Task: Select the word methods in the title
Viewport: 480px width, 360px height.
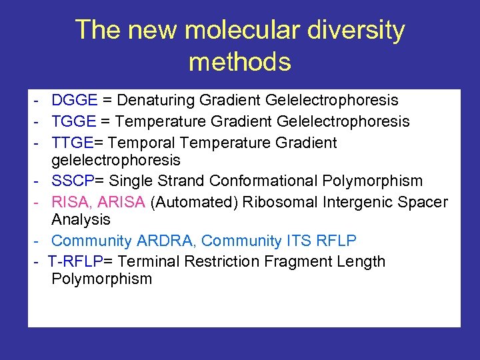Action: click(240, 62)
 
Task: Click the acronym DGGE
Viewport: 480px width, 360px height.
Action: click(75, 101)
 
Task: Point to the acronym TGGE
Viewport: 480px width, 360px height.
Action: click(74, 121)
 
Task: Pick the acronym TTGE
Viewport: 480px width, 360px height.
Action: click(73, 143)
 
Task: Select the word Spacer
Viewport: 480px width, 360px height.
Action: click(424, 203)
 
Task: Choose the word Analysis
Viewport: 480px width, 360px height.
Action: click(81, 219)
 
